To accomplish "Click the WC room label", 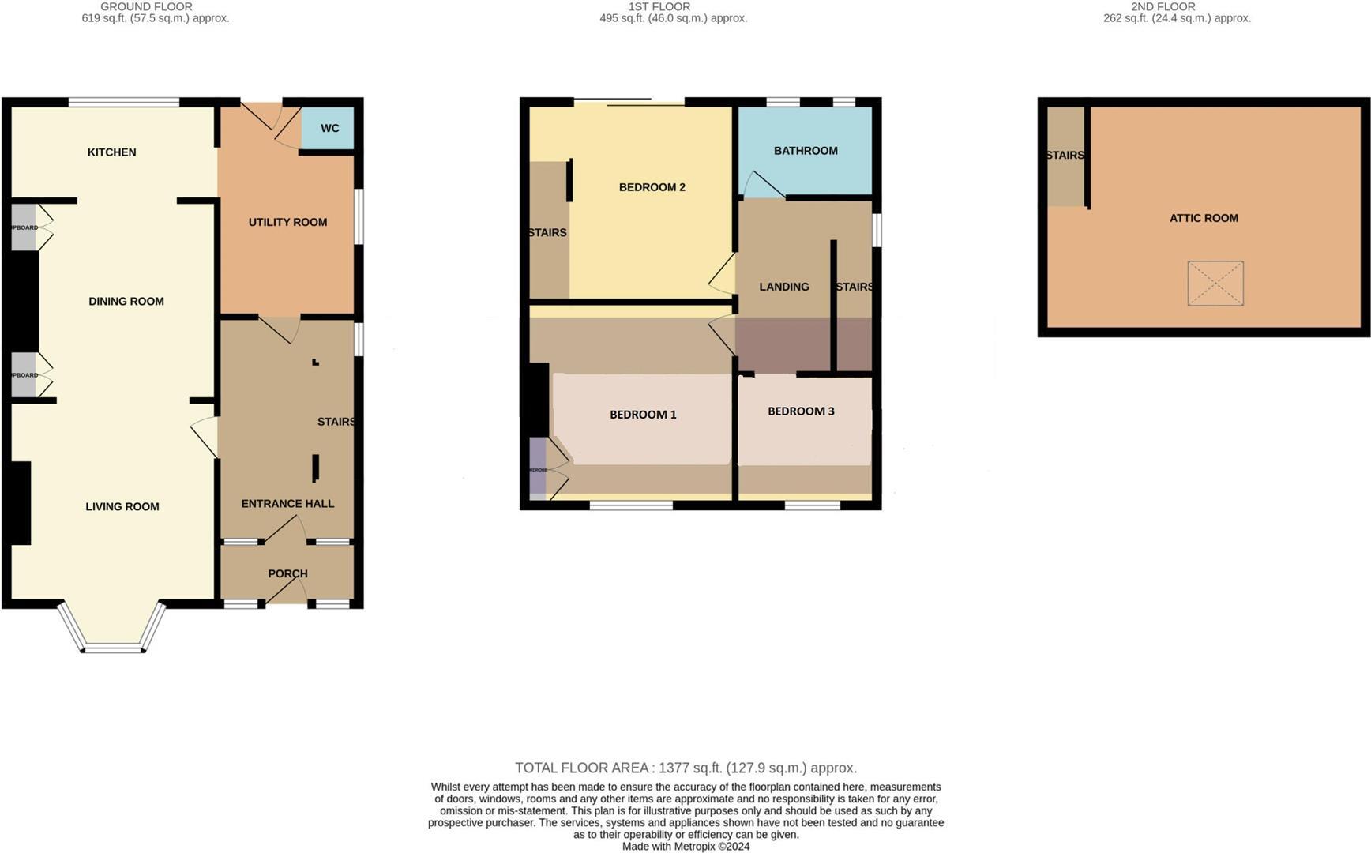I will tap(329, 129).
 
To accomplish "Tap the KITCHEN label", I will tap(111, 152).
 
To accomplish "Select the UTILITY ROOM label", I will tap(287, 223).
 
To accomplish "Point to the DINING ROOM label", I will tap(126, 302).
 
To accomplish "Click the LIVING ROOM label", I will tap(122, 507).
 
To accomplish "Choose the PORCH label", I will tap(287, 574).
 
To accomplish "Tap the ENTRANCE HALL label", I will tap(287, 504).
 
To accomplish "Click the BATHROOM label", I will tap(806, 151).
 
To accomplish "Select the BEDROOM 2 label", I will tap(652, 187).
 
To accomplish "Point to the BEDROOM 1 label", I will tap(643, 415).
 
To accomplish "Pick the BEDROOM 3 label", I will tap(801, 411).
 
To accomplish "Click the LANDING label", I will tap(784, 287).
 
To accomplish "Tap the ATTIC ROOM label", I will tap(1204, 218).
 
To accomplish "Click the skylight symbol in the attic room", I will tap(1215, 284).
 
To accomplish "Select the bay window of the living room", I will tap(112, 632).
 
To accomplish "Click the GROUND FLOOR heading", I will tap(146, 6).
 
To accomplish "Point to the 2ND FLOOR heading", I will tap(1163, 6).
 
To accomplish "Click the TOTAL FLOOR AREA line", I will tap(685, 768).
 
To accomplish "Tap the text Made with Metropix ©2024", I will tap(685, 847).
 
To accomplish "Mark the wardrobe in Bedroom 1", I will tap(538, 469).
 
